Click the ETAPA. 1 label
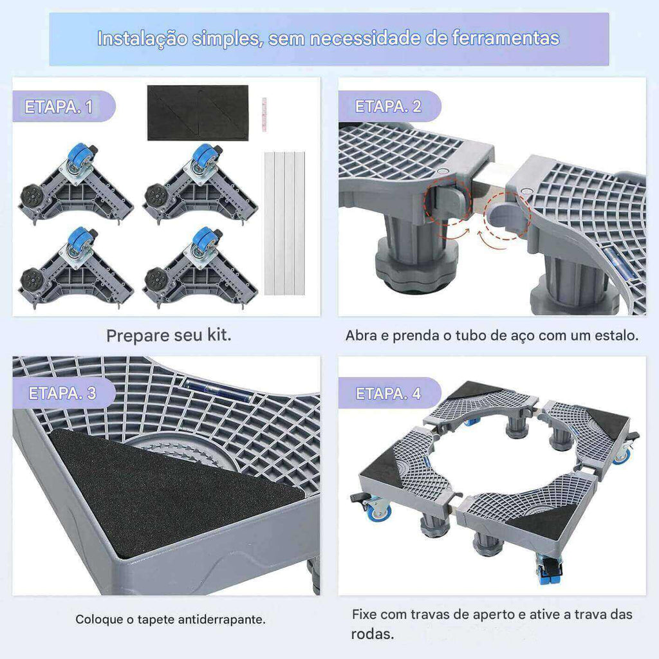point(59,106)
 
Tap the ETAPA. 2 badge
point(388,106)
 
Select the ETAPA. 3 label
point(62,393)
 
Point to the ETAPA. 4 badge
point(388,393)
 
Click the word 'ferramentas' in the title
point(506,38)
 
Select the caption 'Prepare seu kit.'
point(169,335)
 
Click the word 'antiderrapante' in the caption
point(222,620)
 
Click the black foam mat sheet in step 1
point(198,113)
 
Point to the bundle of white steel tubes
point(284,223)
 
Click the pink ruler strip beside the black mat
point(265,115)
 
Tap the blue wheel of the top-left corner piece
point(79,154)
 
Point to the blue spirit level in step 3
point(218,389)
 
